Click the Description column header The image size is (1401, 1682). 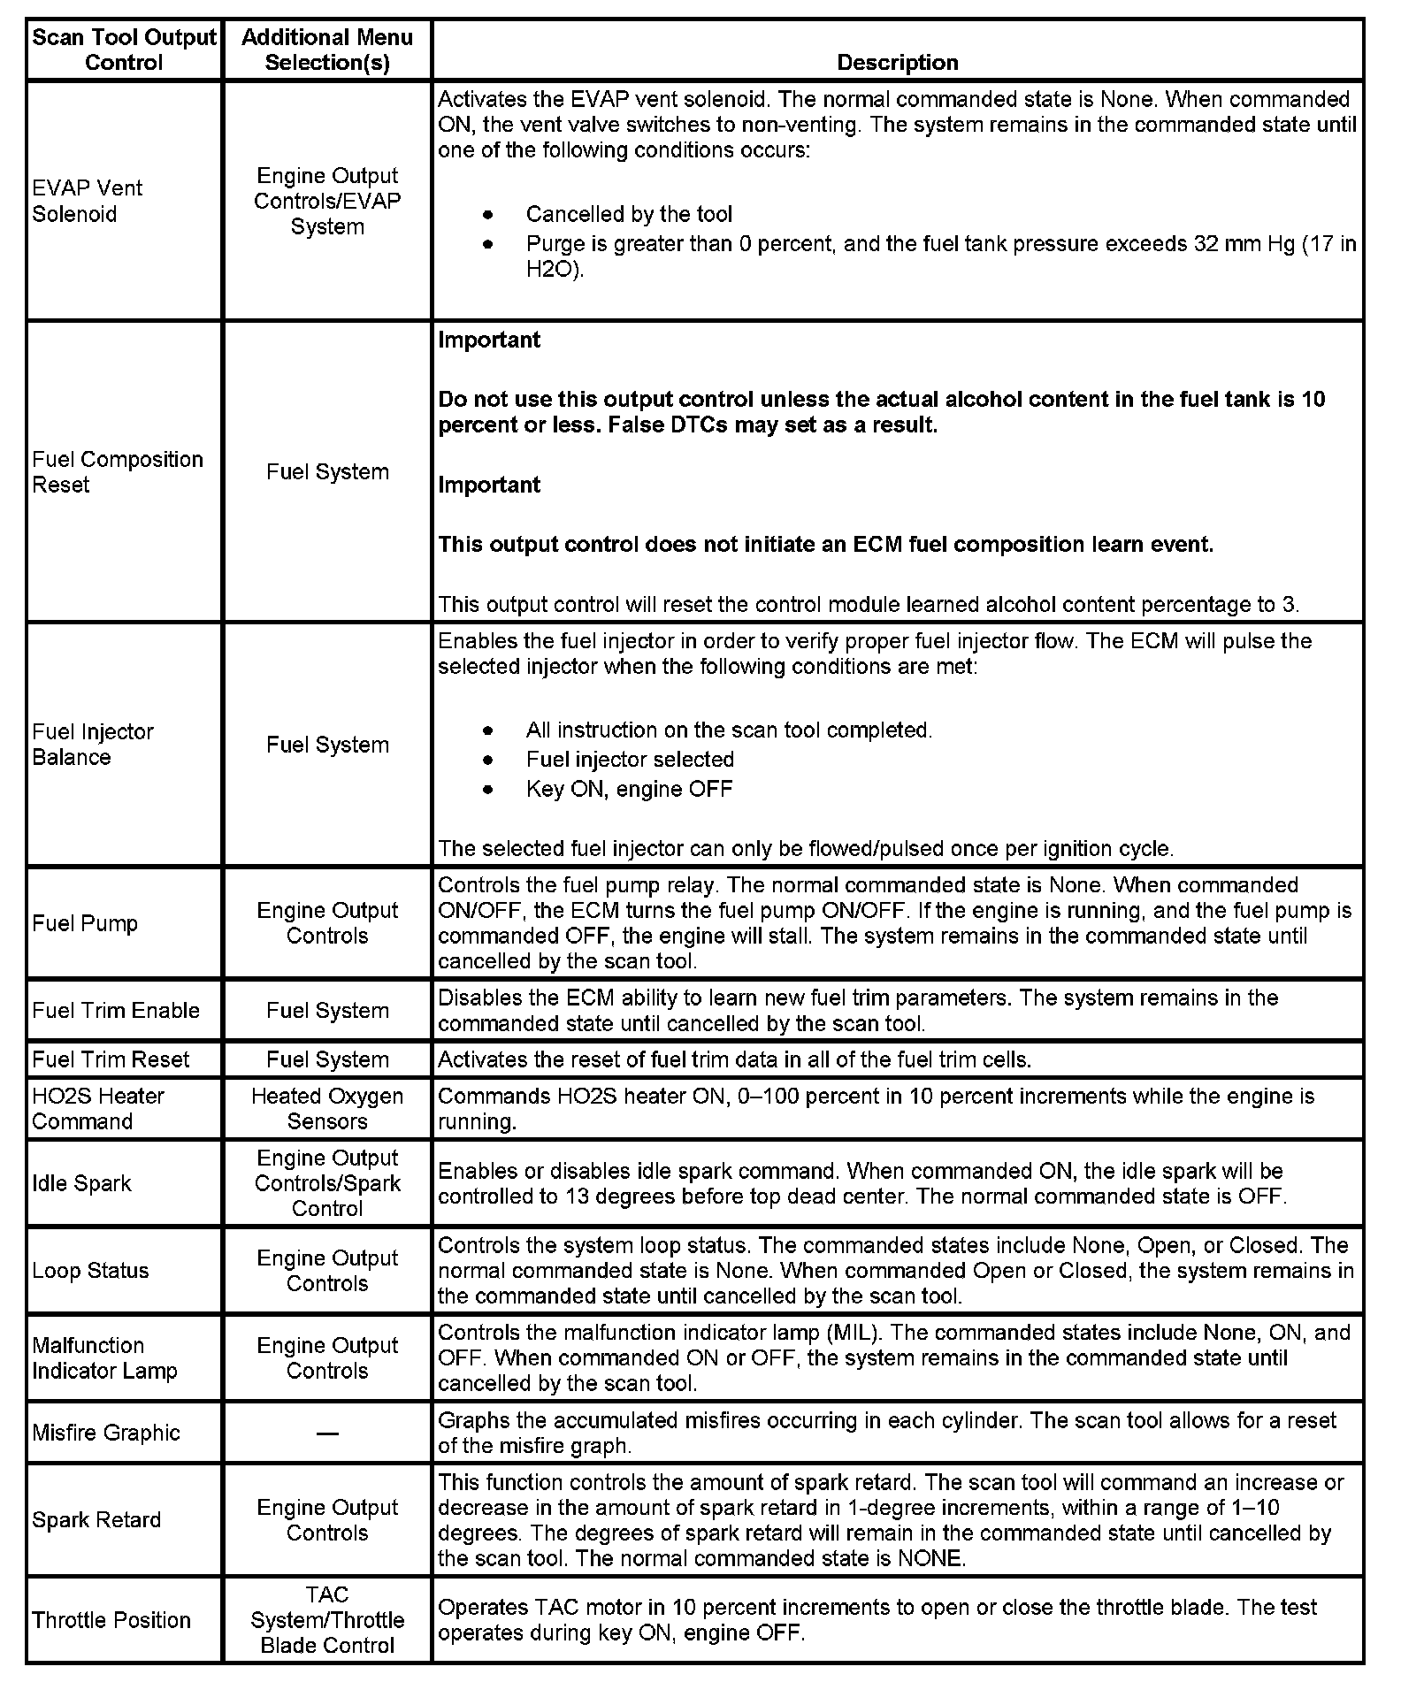[x=897, y=63]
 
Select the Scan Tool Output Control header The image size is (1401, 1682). [x=124, y=50]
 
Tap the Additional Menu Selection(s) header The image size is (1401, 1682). [x=327, y=50]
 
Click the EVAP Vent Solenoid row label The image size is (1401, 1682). [x=87, y=201]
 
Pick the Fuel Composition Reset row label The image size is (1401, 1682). [x=117, y=472]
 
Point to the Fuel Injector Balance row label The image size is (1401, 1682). [x=92, y=745]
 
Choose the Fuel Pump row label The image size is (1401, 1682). [x=85, y=923]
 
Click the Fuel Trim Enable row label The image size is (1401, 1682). [x=116, y=1011]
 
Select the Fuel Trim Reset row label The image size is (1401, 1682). [x=111, y=1059]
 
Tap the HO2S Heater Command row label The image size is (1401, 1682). [x=97, y=1109]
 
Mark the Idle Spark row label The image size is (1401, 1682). [x=81, y=1183]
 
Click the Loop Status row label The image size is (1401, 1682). [x=90, y=1271]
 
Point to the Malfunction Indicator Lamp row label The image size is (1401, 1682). [x=104, y=1358]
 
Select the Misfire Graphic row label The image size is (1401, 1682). [x=106, y=1433]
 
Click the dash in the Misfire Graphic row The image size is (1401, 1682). [x=327, y=1434]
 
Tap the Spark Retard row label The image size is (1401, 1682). [x=96, y=1520]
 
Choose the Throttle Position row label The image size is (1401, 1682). [x=111, y=1620]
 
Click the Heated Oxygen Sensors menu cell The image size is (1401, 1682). [x=327, y=1109]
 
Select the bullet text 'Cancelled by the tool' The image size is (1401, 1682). [x=629, y=214]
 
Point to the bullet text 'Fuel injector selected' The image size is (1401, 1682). [x=630, y=760]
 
